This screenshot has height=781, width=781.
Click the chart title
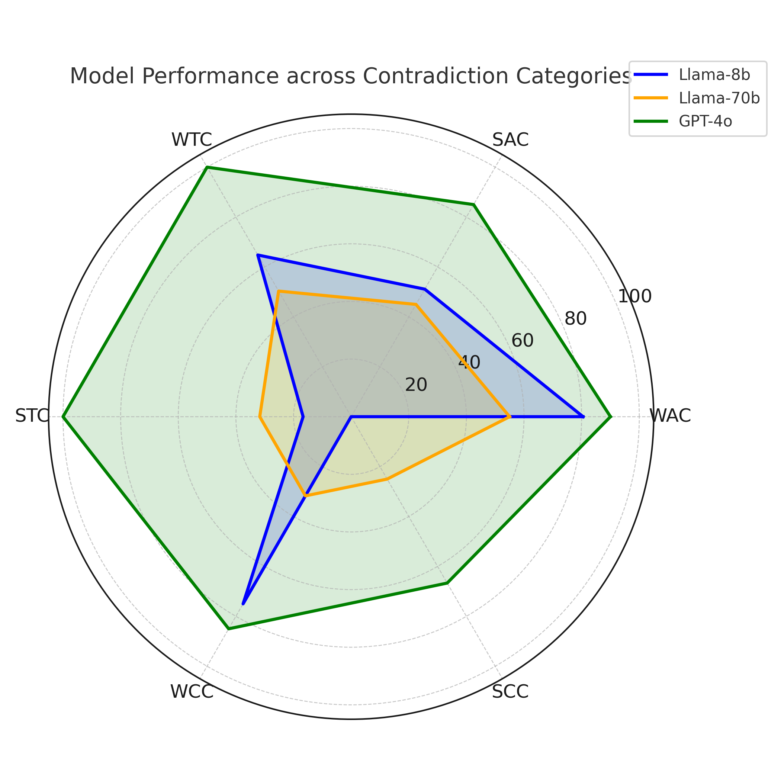coord(350,76)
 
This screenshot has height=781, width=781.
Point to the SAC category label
coord(510,140)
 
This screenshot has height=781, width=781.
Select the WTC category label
coord(192,140)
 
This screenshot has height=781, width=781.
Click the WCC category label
coord(192,692)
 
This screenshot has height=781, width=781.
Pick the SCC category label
coord(510,692)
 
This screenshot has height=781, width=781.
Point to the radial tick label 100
coord(635,297)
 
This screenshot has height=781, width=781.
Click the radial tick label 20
coord(416,385)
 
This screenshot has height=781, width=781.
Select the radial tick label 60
coord(522,341)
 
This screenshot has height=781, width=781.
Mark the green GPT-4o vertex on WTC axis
coord(207,167)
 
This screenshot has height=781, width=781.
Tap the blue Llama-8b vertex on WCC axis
coord(242,604)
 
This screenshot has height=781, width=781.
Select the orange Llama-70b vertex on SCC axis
coord(387,479)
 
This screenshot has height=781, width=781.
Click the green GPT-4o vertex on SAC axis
coord(474,205)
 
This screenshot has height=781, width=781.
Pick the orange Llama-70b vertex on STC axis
coord(260,417)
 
